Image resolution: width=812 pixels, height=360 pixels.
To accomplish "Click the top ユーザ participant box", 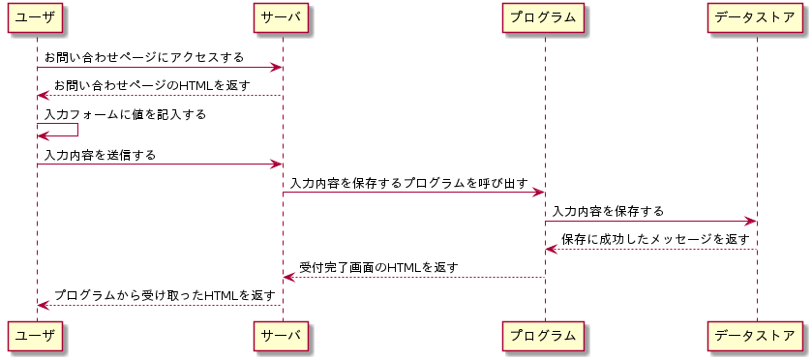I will [37, 17].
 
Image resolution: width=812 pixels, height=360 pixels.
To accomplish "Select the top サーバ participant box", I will [282, 17].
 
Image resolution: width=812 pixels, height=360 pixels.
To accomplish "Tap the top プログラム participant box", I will [545, 17].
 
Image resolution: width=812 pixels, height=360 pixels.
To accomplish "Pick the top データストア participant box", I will [756, 17].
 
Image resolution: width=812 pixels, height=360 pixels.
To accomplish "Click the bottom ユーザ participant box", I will [37, 336].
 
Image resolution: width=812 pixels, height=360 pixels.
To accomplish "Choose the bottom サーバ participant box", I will [282, 336].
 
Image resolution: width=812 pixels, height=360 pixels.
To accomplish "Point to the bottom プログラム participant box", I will [545, 336].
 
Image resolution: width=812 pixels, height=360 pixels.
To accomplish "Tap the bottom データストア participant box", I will [756, 336].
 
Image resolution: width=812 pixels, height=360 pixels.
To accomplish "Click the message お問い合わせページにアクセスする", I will [144, 58].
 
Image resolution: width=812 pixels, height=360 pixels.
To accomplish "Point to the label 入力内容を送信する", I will [100, 155].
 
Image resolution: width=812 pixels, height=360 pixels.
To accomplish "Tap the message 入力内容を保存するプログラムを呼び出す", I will [408, 183].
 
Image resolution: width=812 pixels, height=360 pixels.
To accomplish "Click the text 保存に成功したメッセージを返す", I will [655, 239].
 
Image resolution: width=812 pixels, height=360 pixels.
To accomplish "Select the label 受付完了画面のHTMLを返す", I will [378, 267].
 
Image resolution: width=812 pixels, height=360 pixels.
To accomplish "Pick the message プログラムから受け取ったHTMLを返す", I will [165, 295].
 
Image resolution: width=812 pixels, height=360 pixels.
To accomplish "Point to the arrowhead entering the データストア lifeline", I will [750, 222].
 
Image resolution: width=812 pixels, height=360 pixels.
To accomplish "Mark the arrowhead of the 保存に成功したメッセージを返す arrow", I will [552, 250].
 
